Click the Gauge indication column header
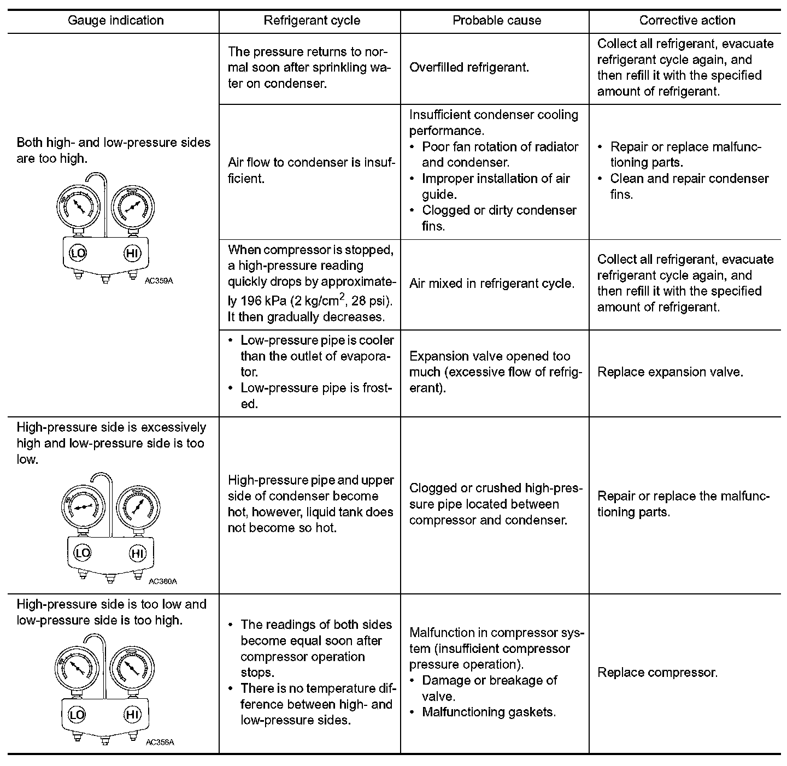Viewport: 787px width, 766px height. [115, 21]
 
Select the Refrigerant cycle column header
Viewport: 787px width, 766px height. [312, 21]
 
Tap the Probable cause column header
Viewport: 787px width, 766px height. [497, 21]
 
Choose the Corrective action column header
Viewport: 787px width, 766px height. [687, 21]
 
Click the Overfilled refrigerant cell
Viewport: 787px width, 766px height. [469, 68]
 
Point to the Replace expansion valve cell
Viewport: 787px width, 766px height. [670, 372]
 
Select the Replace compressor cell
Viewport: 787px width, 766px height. [657, 673]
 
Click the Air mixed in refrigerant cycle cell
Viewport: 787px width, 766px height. [492, 284]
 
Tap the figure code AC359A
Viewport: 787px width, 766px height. [160, 281]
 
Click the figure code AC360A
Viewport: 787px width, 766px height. [163, 581]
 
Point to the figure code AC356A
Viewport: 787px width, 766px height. [160, 742]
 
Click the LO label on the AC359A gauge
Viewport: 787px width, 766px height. [78, 252]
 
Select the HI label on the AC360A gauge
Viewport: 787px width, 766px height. [137, 553]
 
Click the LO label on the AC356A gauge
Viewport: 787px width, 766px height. [77, 715]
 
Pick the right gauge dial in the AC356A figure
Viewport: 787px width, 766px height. [131, 668]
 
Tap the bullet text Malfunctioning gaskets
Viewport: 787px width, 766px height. [489, 712]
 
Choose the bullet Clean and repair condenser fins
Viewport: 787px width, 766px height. [689, 186]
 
